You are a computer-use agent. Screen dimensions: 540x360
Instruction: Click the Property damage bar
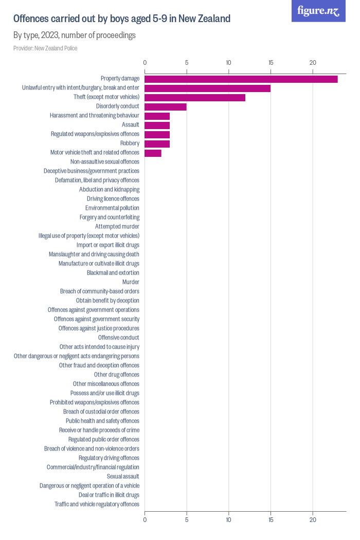pos(241,79)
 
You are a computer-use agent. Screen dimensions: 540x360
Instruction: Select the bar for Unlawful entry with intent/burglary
pos(207,88)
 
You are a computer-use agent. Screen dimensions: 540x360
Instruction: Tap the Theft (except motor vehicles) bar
pos(195,97)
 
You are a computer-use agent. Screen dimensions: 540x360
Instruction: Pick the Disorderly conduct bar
pos(166,106)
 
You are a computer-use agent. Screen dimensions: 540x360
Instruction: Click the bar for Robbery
pos(157,143)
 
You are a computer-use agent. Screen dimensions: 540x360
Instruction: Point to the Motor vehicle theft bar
pos(153,153)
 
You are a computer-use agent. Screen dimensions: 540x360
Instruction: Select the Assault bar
pos(157,125)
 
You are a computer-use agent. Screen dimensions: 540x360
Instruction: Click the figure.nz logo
pos(319,11)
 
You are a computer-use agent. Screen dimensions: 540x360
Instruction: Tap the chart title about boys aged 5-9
pos(122,19)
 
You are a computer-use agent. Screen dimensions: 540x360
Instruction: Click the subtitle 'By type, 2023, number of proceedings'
pos(75,35)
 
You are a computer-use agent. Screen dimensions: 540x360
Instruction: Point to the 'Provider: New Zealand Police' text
pos(45,48)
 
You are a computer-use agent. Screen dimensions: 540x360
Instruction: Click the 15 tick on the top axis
pos(271,63)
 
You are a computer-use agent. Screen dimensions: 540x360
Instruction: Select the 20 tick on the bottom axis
pos(313,520)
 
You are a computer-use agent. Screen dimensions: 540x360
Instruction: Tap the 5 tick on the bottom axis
pos(187,520)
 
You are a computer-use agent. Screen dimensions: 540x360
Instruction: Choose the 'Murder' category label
pos(131,282)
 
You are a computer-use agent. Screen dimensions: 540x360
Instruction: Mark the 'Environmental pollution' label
pos(112,208)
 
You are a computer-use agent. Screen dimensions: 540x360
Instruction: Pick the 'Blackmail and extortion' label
pos(113,273)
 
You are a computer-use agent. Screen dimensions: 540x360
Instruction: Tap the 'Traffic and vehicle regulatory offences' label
pos(97,504)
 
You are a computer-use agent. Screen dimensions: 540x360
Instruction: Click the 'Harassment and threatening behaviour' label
pos(95,116)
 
